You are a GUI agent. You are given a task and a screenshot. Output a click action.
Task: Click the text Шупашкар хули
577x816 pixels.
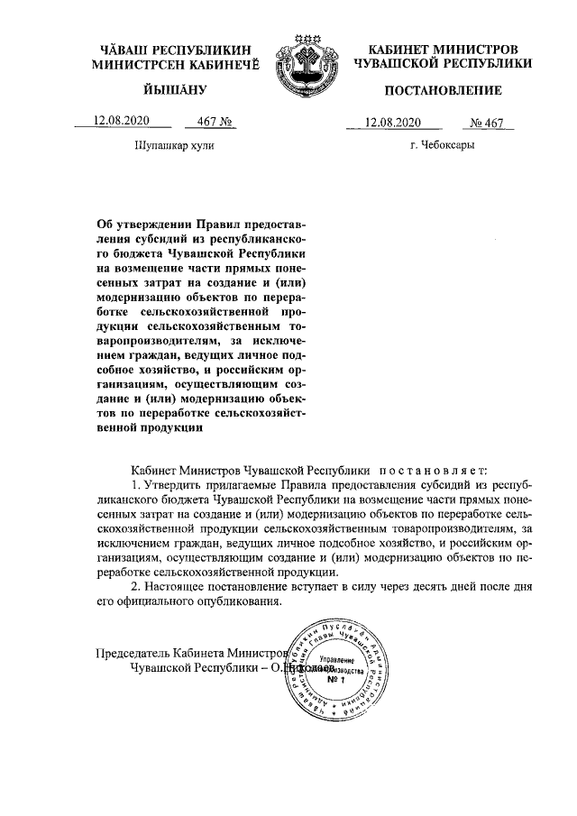pyautogui.click(x=175, y=144)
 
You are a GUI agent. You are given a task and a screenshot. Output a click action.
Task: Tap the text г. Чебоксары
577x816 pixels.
pyautogui.click(x=441, y=144)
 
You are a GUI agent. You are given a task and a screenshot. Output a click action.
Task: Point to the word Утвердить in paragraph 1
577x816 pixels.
pyautogui.click(x=179, y=486)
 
